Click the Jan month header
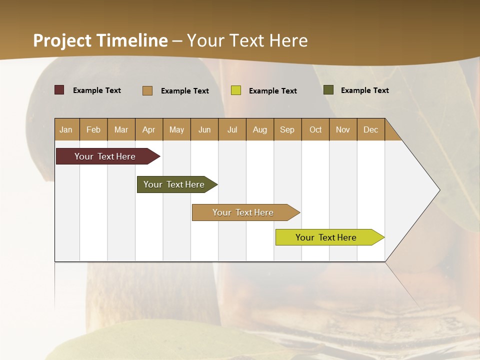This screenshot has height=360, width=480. click(x=66, y=129)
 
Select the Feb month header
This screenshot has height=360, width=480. click(x=93, y=129)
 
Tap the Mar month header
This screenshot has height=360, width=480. click(x=121, y=129)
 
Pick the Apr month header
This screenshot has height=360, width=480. click(x=149, y=129)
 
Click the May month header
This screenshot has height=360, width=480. click(x=176, y=129)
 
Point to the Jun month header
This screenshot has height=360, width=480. click(x=204, y=129)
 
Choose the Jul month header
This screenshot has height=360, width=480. click(x=232, y=129)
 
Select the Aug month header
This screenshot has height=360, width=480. click(x=260, y=129)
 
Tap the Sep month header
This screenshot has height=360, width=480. click(x=287, y=129)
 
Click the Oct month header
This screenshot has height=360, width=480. click(x=315, y=129)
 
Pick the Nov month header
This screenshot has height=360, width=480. click(x=343, y=129)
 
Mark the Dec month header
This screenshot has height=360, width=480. click(x=371, y=129)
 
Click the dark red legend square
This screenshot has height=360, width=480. click(x=59, y=90)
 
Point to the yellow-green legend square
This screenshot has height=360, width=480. click(x=236, y=90)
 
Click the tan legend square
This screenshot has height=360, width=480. click(x=147, y=90)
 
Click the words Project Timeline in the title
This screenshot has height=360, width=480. click(x=100, y=40)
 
